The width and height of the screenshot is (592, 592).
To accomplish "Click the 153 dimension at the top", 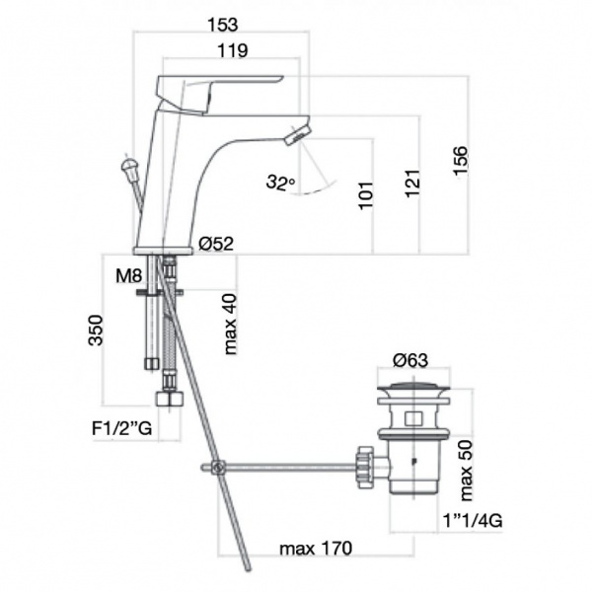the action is [x=223, y=25].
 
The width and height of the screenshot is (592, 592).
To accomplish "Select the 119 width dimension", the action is [x=233, y=50].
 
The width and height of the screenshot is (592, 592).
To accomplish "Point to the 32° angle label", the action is [x=280, y=182].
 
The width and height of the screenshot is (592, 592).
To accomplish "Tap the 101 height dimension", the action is [x=365, y=195].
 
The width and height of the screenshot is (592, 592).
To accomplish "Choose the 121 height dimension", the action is [x=411, y=184].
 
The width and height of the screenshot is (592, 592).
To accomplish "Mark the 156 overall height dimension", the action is [x=460, y=160].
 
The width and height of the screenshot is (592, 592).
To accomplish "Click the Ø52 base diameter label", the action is [x=216, y=244].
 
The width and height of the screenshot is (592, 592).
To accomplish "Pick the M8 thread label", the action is [x=128, y=276].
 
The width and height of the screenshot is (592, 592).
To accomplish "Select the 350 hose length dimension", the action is [x=96, y=331].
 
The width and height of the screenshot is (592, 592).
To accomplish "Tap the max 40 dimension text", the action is [x=230, y=324].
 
